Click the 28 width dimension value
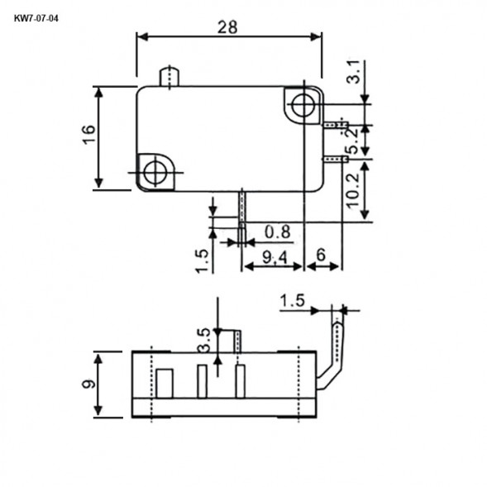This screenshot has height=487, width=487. pos(228,26)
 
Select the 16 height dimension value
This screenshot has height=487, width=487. pos(89,136)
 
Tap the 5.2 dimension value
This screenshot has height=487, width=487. pos(353,140)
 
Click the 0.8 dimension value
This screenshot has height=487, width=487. pos(277,230)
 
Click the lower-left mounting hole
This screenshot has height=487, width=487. pos(154,172)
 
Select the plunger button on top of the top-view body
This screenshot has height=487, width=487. pos(169,75)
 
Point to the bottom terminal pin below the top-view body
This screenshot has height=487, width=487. pos(242,217)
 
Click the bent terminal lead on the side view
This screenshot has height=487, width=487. pos(334,347)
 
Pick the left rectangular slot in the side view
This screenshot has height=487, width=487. pos(164,384)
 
